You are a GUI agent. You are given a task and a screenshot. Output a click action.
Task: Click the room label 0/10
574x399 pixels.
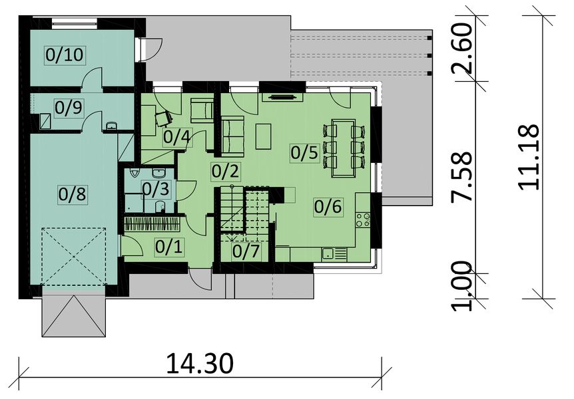(x=65, y=55)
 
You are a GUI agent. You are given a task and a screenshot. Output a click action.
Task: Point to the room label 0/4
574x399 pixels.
(x=176, y=137)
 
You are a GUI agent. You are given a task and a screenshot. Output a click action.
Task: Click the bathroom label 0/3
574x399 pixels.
(x=155, y=188)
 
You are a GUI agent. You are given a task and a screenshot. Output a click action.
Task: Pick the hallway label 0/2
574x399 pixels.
(x=225, y=171)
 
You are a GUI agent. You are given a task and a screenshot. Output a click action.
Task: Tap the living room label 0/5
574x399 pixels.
(x=305, y=152)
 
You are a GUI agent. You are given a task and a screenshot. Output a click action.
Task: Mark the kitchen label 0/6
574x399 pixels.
(x=328, y=207)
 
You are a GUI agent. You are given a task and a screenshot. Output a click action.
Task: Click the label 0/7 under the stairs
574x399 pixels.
(x=246, y=251)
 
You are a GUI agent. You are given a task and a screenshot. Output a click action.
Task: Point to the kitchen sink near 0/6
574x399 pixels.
(x=328, y=253)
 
